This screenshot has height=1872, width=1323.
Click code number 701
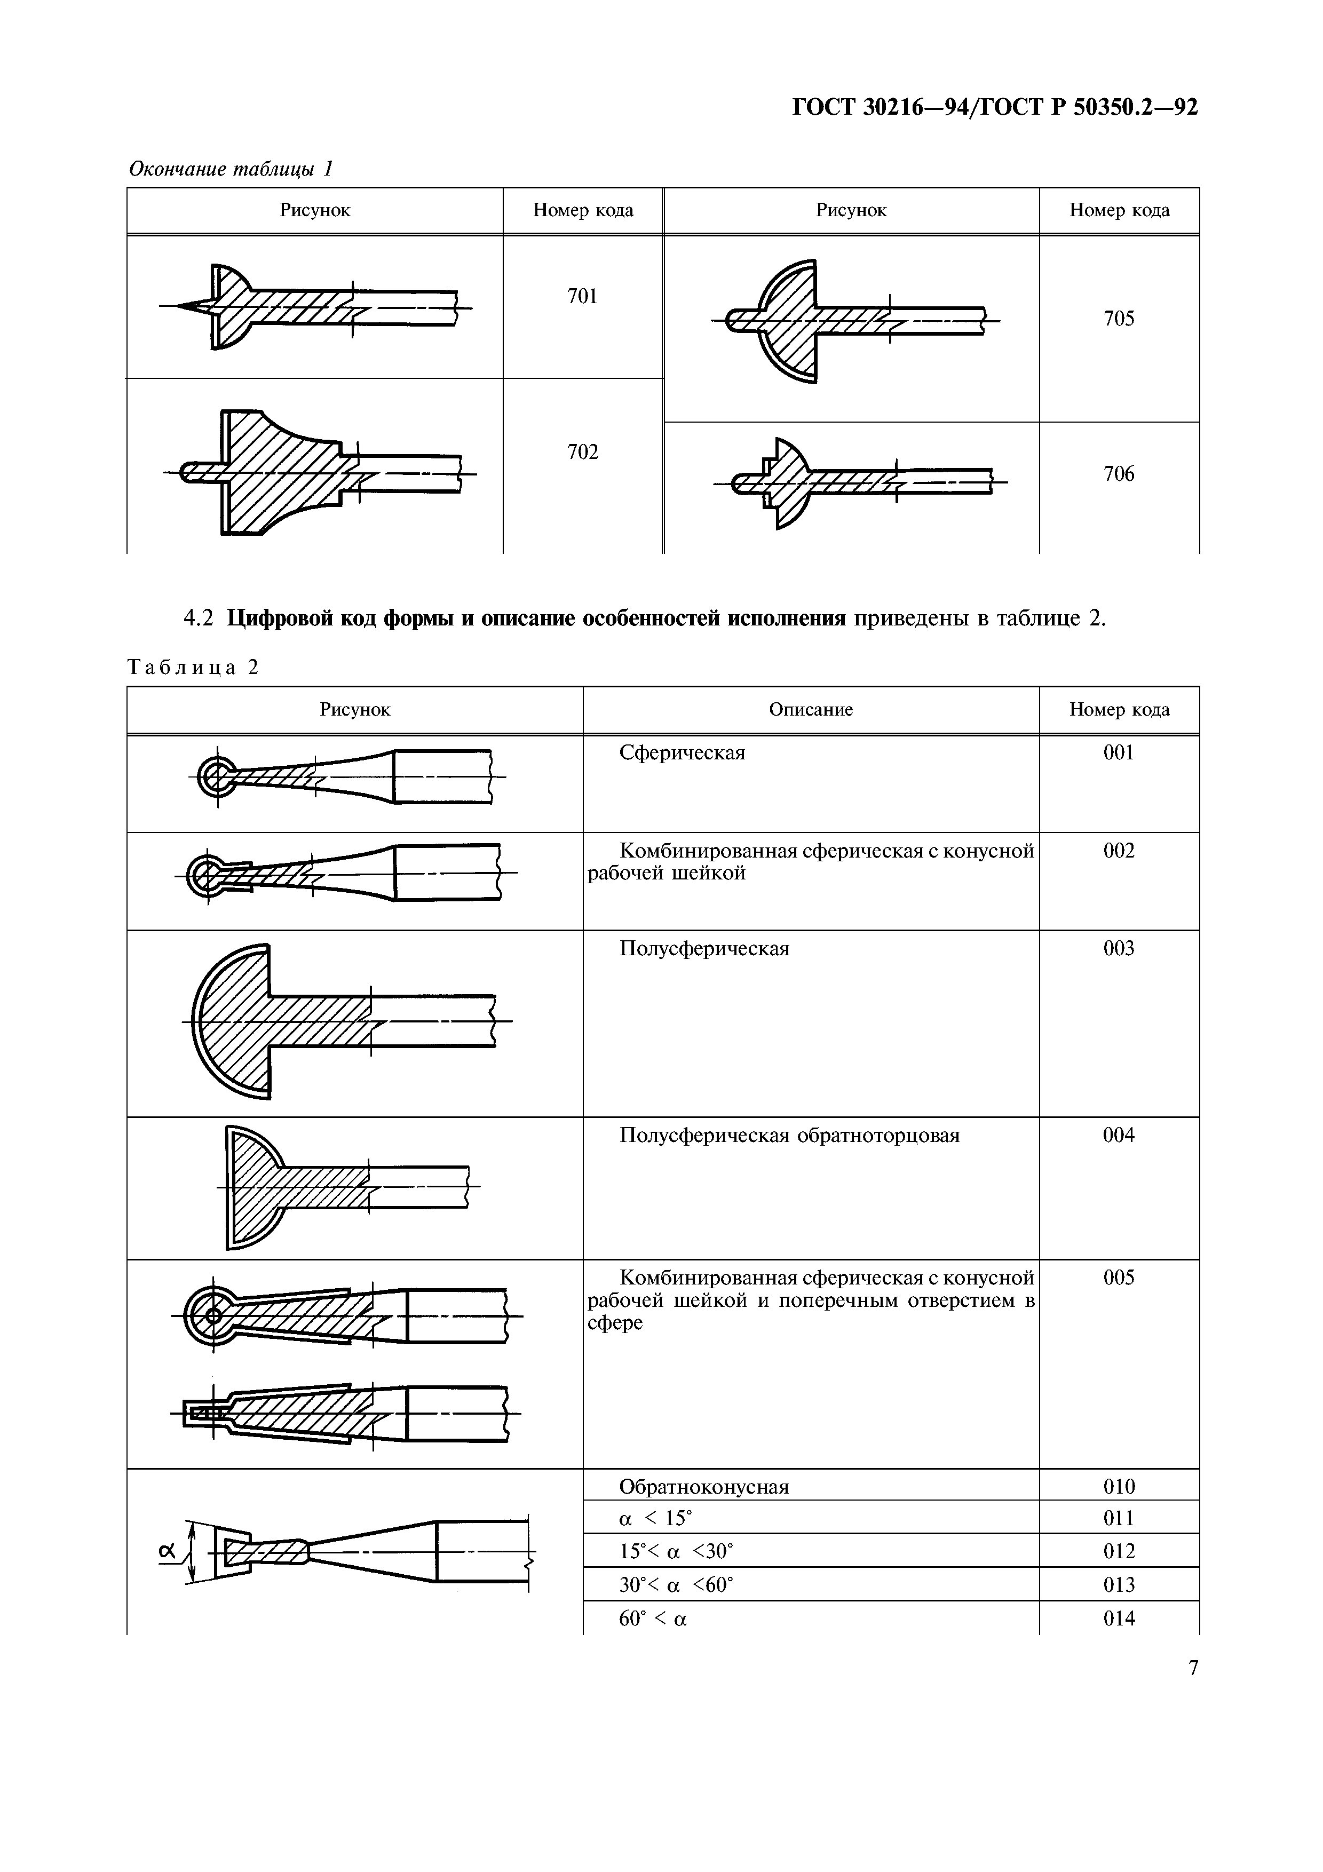tap(582, 297)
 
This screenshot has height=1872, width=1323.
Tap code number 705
tap(1119, 319)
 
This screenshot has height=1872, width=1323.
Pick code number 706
tap(1119, 474)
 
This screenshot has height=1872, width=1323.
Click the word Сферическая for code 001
tap(682, 752)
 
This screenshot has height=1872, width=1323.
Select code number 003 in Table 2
tap(1119, 948)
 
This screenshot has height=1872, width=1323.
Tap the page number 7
tap(1193, 1668)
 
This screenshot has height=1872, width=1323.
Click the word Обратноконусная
tap(703, 1486)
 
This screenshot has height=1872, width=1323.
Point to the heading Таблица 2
tap(193, 668)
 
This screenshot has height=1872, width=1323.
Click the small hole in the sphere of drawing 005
tap(213, 1315)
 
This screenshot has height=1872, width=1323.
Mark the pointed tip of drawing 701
tap(181, 306)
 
